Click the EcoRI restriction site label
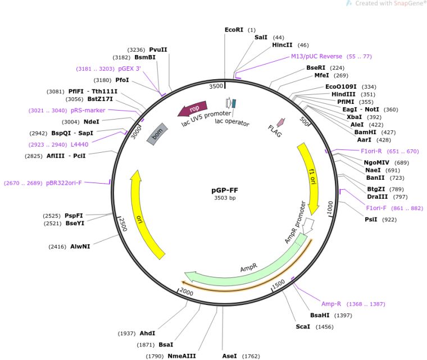(234, 29)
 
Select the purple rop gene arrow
(192, 108)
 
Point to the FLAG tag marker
(281, 122)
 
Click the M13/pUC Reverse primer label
(316, 56)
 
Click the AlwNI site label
(79, 246)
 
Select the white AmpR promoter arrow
(307, 225)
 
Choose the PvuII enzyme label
(158, 49)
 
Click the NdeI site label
(91, 121)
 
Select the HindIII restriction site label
(342, 94)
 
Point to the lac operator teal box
(234, 103)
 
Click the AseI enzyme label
(229, 356)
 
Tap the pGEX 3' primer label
(129, 69)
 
